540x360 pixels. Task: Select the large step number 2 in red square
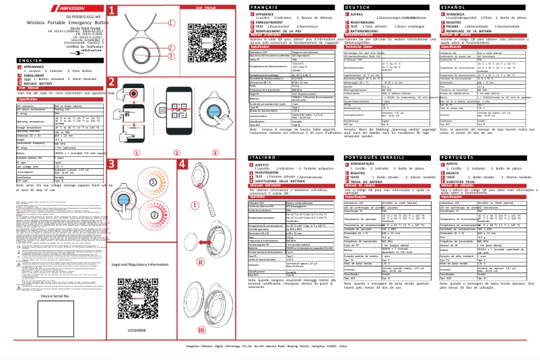[x=112, y=83]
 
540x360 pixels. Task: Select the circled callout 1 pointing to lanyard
[x=176, y=22]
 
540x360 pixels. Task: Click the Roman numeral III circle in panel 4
[x=201, y=330]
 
